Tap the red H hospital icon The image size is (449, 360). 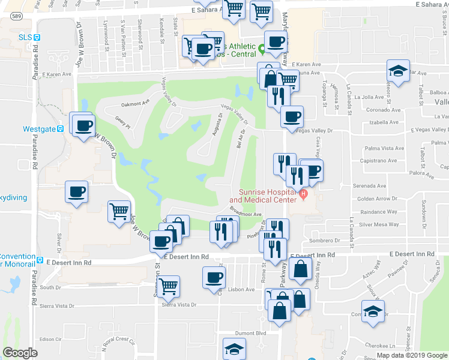point(304,193)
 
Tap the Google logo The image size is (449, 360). point(19,352)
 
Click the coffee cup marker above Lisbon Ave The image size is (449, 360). point(214,278)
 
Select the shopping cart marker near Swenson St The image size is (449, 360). point(168,285)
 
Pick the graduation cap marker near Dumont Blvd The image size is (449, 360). point(234,349)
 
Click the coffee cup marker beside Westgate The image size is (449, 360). point(84,125)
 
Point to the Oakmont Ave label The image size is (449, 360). point(135,103)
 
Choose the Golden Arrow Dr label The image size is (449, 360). point(378,199)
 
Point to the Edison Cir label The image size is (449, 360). point(47,338)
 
